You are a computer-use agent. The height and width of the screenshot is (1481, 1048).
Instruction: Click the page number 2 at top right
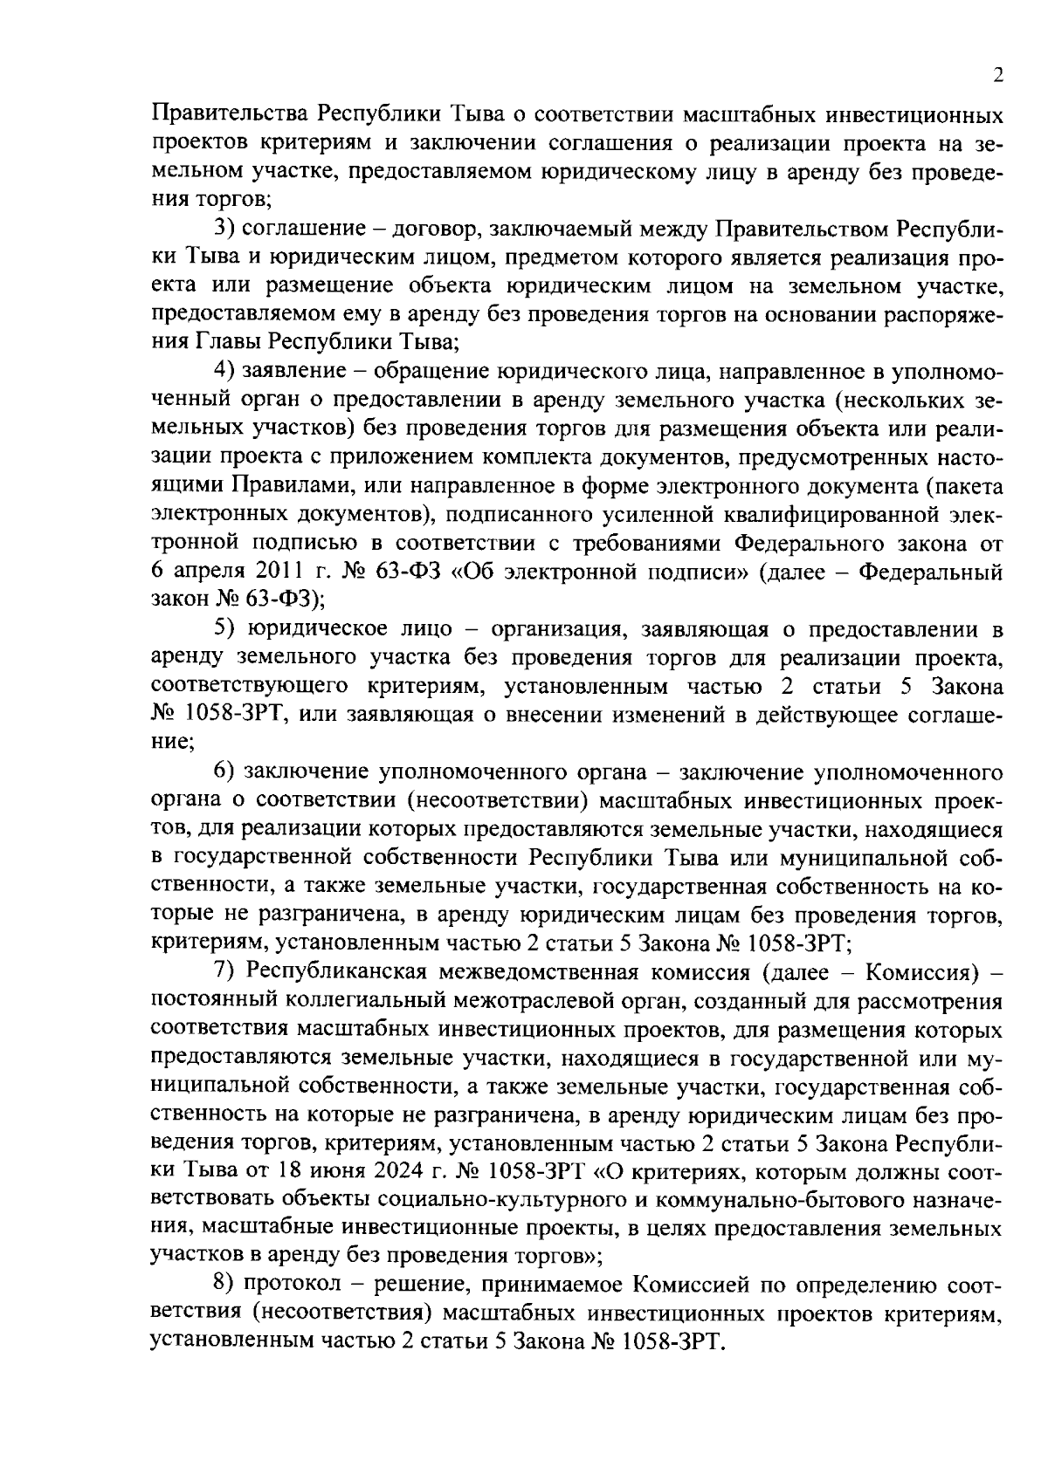997,76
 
